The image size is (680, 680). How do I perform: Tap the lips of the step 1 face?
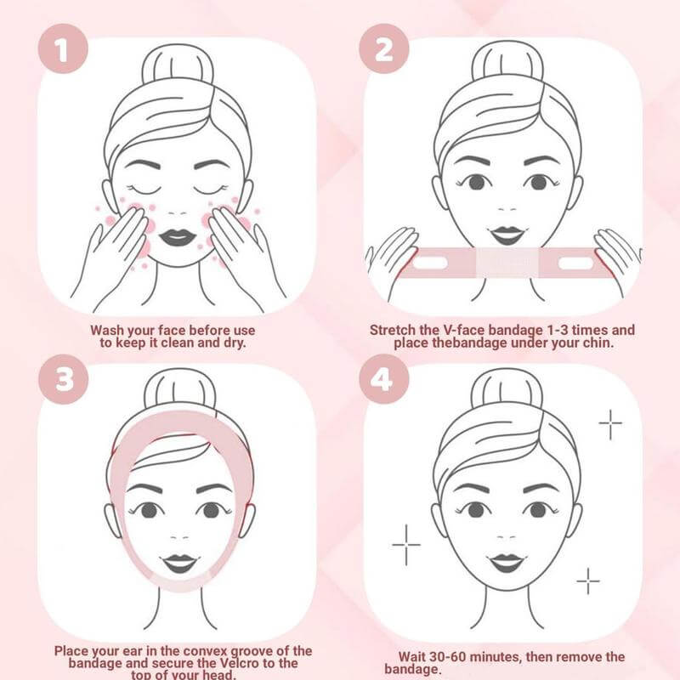click(x=178, y=236)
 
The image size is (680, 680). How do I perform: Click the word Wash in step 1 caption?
click(x=112, y=329)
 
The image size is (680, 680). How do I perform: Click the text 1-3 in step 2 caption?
click(x=556, y=329)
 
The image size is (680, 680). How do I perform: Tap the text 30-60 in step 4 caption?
click(x=460, y=657)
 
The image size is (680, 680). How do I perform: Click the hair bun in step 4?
click(x=507, y=394)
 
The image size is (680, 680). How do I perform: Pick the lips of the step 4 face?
click(x=507, y=562)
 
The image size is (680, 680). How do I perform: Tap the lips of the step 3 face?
click(x=179, y=563)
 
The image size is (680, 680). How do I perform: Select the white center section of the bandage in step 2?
click(x=507, y=263)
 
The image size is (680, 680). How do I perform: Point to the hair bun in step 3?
click(x=179, y=393)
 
